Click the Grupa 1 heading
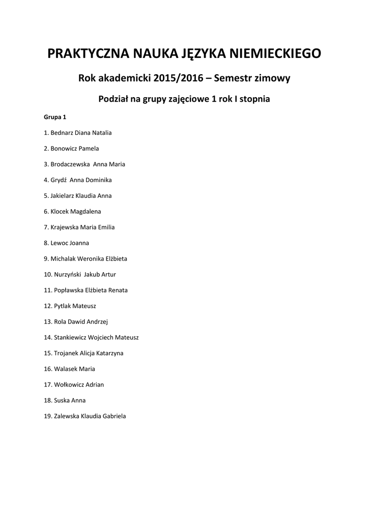coord(55,117)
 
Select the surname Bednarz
coord(62,133)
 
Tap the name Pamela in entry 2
coord(89,149)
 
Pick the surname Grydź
coord(59,180)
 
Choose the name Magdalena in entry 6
coord(85,211)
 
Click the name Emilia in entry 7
coord(106,227)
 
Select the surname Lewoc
coord(59,243)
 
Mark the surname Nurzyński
coord(67,274)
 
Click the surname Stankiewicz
coord(70,337)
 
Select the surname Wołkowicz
coord(69,385)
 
